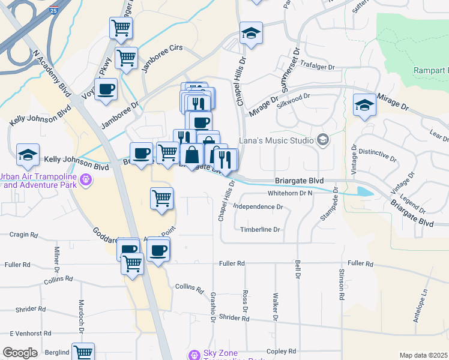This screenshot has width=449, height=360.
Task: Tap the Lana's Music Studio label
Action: point(277,141)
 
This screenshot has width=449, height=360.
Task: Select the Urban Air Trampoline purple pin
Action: point(86,179)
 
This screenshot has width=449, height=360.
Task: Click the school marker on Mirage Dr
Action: point(364,105)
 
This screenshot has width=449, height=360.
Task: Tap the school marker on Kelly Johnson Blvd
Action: point(28,155)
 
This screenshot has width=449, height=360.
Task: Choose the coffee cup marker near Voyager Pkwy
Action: point(106,89)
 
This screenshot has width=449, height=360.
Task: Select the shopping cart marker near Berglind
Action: point(83,352)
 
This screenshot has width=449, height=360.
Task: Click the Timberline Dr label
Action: point(261,229)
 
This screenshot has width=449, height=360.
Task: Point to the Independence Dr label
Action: point(258,206)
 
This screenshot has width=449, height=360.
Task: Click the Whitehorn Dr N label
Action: point(291,193)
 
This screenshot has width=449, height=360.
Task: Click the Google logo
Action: point(20,353)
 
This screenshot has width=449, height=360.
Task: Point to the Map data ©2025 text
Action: point(423,355)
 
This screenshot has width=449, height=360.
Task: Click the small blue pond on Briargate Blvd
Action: point(364,192)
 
